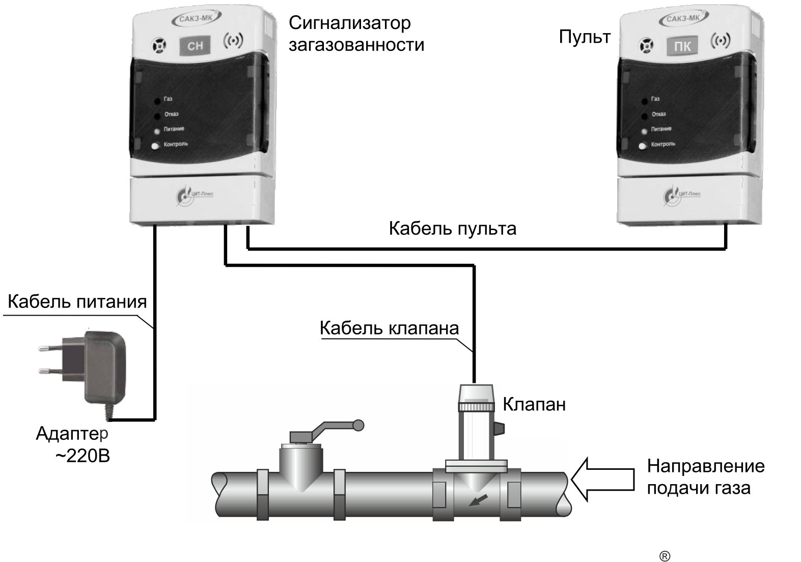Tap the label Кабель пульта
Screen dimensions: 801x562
point(452,228)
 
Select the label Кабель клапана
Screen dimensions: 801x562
point(389,328)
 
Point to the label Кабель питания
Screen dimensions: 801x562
point(77,302)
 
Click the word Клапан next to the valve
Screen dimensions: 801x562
point(534,405)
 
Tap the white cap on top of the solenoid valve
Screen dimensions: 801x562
point(477,393)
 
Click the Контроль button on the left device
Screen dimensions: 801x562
point(155,146)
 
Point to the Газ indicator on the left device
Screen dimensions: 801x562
point(155,100)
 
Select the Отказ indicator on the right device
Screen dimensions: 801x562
point(644,115)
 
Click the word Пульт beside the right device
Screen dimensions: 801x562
point(584,37)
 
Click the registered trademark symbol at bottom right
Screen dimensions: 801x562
point(665,556)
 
